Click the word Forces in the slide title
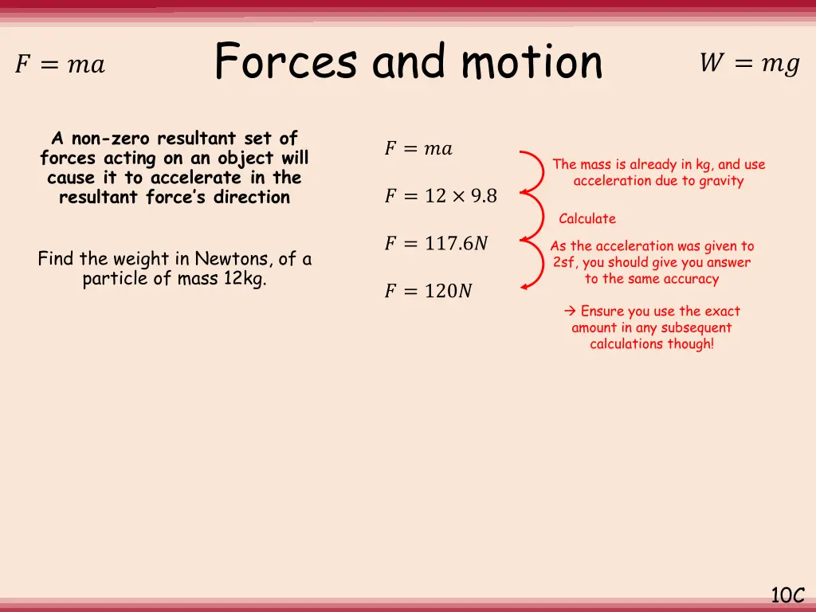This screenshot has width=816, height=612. coord(285,62)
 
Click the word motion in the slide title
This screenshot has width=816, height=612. coord(532,62)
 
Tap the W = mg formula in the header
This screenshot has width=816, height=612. coord(749,64)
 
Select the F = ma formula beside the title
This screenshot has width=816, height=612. coord(60,65)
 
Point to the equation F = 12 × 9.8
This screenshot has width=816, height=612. coord(441,196)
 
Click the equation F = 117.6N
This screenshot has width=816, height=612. coord(436,244)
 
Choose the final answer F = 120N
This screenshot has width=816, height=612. coord(428,292)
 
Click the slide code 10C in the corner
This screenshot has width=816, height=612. coord(787,595)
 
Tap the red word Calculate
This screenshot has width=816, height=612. coord(587,219)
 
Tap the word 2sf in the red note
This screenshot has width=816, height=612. coord(563,263)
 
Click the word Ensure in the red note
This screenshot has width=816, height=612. coord(602,312)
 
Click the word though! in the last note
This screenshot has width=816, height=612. coord(692,344)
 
